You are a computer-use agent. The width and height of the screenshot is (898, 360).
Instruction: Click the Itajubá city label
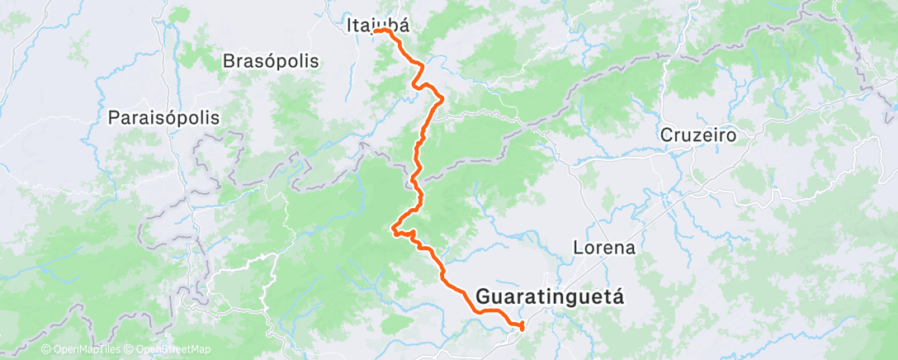pos(376,26)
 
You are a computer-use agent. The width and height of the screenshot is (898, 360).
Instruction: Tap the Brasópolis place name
pos(271,61)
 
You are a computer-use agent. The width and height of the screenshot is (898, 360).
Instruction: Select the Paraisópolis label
pos(164,117)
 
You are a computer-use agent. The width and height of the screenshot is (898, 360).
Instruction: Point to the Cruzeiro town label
pos(697,134)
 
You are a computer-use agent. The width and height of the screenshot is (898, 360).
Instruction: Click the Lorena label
pos(603,247)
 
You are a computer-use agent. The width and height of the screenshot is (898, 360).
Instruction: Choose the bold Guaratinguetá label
pos(551,296)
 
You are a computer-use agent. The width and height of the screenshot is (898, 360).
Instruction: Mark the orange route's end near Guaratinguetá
pos(522,328)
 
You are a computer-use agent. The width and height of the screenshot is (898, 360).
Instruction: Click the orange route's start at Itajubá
pos(376,31)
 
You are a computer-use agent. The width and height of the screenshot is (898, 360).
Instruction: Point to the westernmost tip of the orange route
pos(391,230)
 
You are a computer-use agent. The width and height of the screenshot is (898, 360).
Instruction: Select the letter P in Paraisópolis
pos(113,117)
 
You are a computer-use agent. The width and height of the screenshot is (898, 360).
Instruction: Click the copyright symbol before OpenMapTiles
pos(45,349)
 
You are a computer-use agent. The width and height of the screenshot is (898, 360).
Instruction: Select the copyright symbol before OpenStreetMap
pos(130,349)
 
